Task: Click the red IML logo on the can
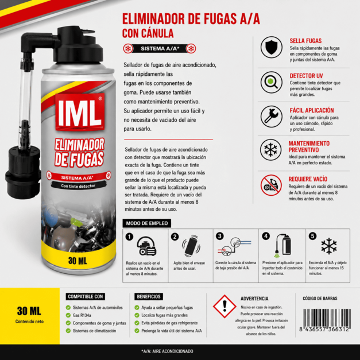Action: pos(80,112)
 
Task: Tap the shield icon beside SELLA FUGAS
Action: pos(272,47)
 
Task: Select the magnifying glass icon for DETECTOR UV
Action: pos(272,82)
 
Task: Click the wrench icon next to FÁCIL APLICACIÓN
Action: pos(272,117)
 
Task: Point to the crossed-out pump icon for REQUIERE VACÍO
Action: pos(271,185)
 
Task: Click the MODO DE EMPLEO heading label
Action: pos(147,223)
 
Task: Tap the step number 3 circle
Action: pos(220,236)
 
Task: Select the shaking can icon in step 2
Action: pos(191,246)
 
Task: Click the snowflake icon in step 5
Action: pos(329,246)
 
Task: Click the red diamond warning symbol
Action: pos(224,306)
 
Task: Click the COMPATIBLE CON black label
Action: pos(85,297)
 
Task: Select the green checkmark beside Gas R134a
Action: pos(68,315)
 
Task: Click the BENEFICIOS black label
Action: pos(149,297)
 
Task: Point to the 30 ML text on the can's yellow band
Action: pos(78,261)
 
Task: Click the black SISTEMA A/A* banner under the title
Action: pos(160,49)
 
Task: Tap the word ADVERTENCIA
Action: pos(254,299)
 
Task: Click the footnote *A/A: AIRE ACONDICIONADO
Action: pos(167,351)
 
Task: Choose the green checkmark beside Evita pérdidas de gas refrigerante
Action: pos(137,323)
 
